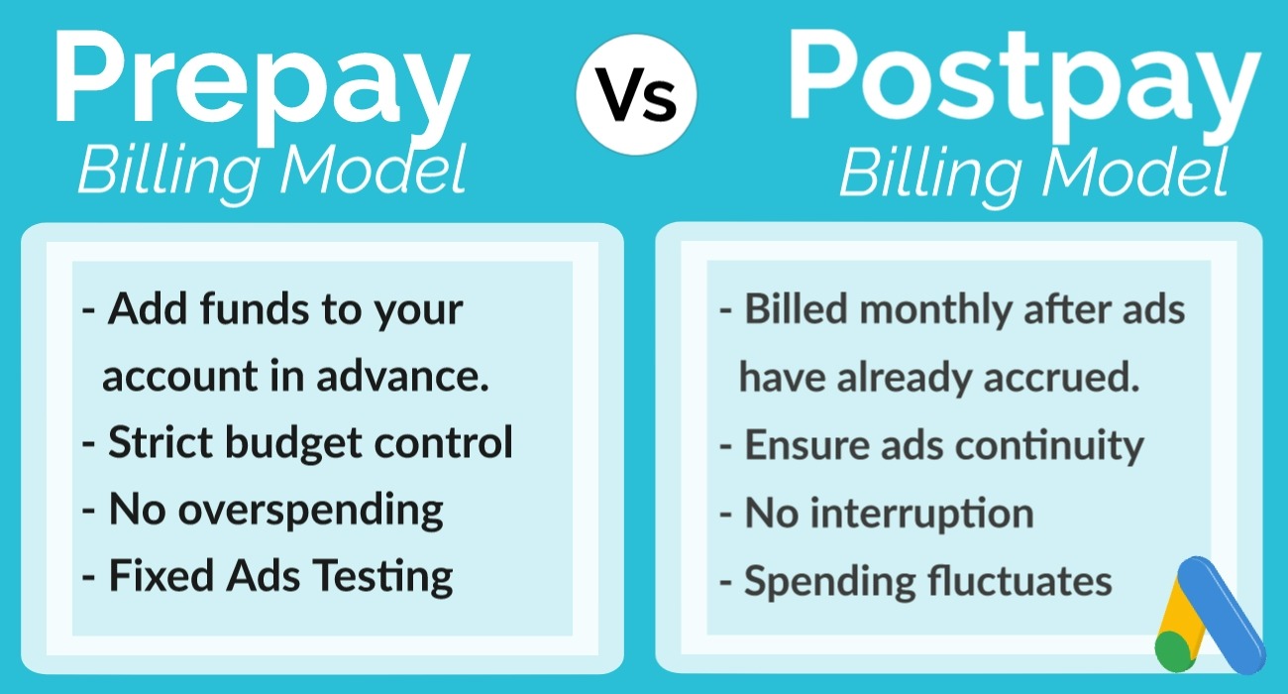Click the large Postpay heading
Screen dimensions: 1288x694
[1023, 83]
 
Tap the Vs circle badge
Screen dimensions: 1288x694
[636, 95]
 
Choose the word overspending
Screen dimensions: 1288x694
[310, 511]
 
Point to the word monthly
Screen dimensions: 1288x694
[935, 311]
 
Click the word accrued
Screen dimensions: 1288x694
[1061, 378]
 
